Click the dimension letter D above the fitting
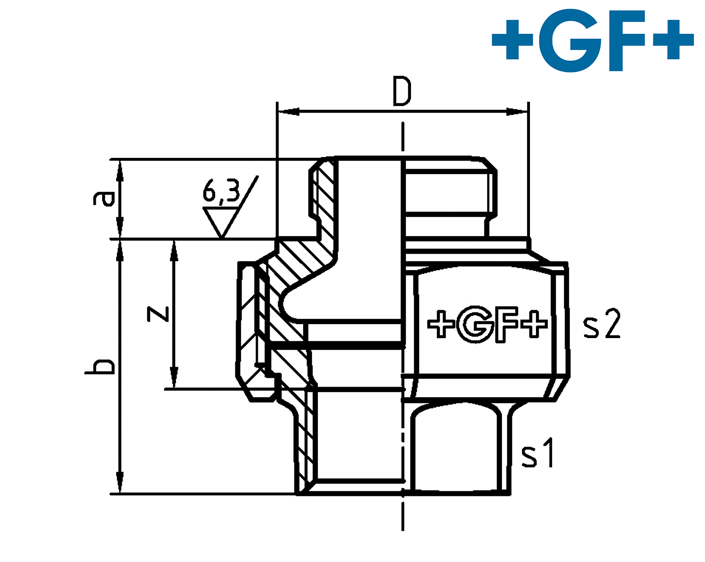tap(401, 91)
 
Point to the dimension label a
tap(103, 198)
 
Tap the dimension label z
tap(158, 314)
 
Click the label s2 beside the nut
tap(602, 324)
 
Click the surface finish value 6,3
tap(221, 192)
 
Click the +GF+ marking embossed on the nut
tap(487, 324)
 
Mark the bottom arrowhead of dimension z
tap(174, 378)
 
